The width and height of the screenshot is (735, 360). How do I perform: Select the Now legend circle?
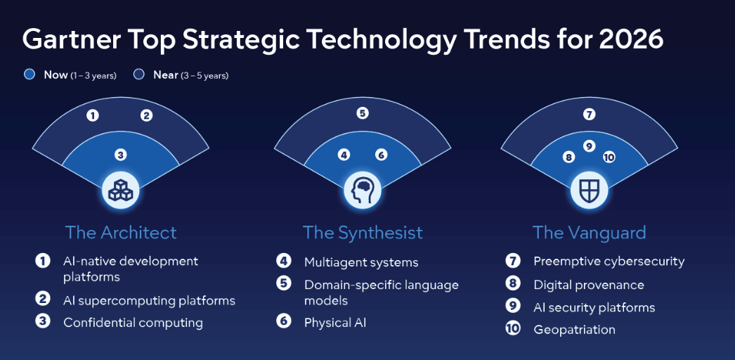(30, 74)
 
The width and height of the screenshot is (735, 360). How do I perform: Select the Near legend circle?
(139, 74)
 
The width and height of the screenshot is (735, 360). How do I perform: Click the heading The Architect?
(121, 232)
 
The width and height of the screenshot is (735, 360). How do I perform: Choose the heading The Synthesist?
(363, 232)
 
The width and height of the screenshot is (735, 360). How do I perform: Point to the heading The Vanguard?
(589, 232)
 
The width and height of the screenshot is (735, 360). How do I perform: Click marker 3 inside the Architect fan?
(120, 155)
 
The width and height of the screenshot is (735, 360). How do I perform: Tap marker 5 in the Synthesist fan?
(363, 112)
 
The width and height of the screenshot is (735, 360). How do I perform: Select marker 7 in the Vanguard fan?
(590, 114)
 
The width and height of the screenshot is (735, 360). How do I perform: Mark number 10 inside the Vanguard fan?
(609, 157)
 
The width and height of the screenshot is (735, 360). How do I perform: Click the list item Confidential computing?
(133, 323)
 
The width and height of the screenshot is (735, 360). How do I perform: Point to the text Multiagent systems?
(361, 262)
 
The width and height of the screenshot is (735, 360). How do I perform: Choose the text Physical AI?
(335, 323)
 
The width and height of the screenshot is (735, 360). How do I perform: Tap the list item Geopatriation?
(574, 329)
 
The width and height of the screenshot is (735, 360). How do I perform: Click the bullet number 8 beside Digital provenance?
(513, 284)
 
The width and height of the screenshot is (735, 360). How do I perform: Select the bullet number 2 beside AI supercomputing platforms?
(44, 300)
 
